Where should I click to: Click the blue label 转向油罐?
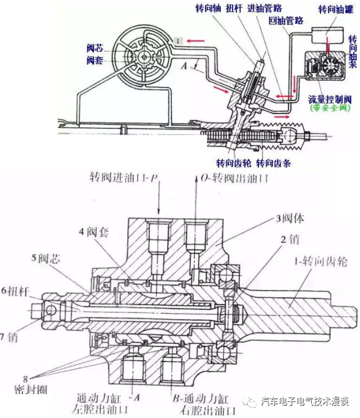(336, 9)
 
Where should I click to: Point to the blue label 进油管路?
(284, 9)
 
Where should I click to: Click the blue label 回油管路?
(286, 21)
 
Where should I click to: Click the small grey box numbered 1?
(179, 41)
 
